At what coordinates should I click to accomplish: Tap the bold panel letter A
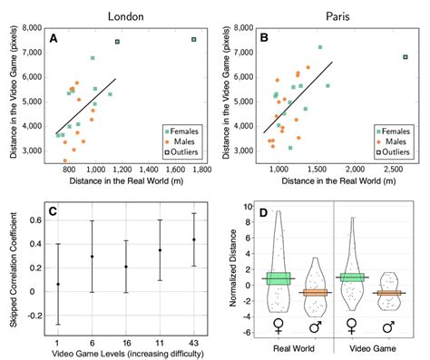[x=54, y=38]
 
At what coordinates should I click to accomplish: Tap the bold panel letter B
[x=263, y=38]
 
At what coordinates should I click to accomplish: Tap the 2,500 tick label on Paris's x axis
[x=395, y=170]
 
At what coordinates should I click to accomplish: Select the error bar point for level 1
[x=58, y=284]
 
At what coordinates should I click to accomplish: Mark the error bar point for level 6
[x=92, y=257]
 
